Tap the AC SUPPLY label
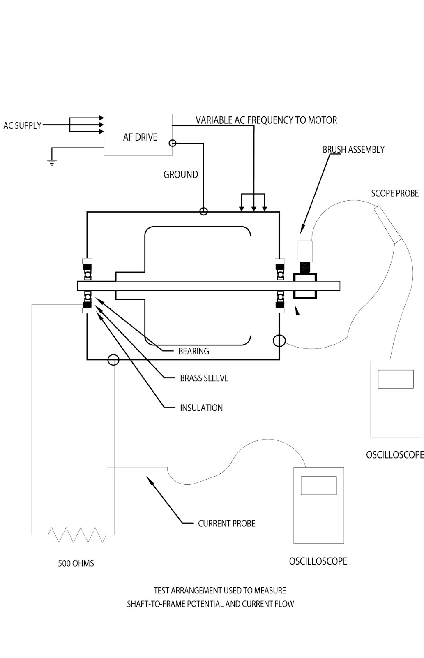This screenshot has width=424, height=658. (x=22, y=125)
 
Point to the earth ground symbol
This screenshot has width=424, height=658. (x=52, y=162)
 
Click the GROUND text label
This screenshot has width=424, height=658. (x=180, y=174)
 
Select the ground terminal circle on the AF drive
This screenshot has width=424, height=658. (x=173, y=144)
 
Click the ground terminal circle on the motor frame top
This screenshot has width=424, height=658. (x=203, y=211)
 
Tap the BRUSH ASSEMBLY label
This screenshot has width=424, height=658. (x=353, y=150)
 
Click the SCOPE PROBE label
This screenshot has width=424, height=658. (x=395, y=193)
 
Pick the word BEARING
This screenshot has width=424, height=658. (x=194, y=351)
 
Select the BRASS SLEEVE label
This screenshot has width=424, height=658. (x=204, y=378)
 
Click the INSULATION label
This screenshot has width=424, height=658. (x=201, y=408)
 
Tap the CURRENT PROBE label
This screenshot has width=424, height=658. (x=226, y=523)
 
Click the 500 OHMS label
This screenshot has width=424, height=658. (x=76, y=563)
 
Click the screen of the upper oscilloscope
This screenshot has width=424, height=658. (x=396, y=379)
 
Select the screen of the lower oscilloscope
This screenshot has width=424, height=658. (x=319, y=485)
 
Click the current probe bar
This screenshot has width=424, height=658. (x=137, y=469)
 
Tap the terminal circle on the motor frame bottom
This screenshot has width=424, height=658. (x=113, y=359)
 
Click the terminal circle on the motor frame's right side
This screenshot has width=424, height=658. (x=279, y=341)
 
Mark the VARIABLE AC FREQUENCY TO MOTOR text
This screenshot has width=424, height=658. (x=266, y=120)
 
